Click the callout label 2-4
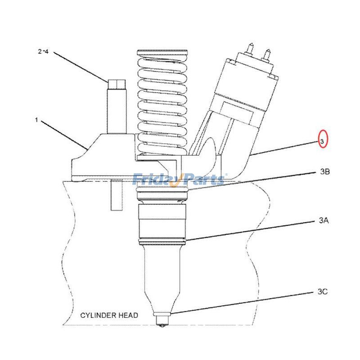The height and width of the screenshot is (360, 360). coord(43,51)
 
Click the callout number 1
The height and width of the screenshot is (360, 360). coord(36,120)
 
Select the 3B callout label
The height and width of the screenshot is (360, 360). coord(325,171)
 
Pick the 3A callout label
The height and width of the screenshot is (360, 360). coord(324,220)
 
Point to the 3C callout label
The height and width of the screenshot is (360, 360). coord(323,292)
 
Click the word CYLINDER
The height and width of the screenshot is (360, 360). coord(96,315)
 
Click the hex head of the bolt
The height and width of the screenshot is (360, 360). coord(117,84)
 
